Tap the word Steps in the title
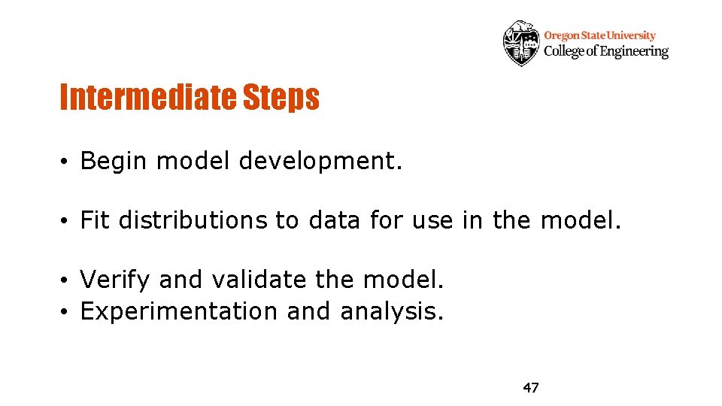tap(280, 97)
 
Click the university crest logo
tap(521, 43)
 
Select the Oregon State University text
tap(599, 35)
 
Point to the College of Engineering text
tap(605, 51)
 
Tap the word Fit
tap(96, 220)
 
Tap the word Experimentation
tap(179, 311)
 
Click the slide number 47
tap(531, 388)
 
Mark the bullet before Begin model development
tap(67, 162)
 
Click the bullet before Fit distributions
tap(67, 221)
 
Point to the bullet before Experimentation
tap(67, 311)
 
